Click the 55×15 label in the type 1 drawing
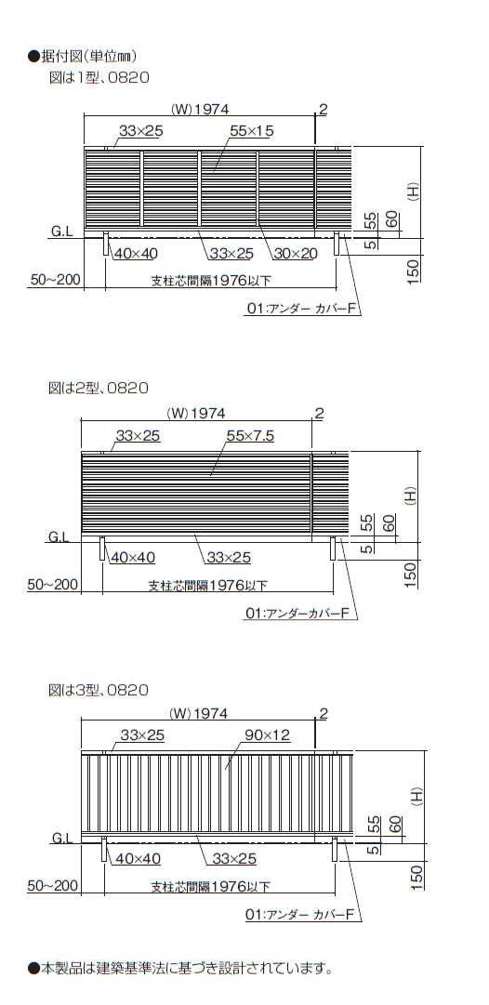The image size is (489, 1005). [x=251, y=131]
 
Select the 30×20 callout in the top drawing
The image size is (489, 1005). [x=296, y=254]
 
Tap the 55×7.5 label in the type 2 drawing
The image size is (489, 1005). [x=250, y=436]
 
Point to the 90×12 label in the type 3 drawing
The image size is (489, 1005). [x=267, y=735]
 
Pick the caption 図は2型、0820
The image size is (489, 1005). [x=99, y=388]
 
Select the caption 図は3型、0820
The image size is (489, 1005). [x=99, y=690]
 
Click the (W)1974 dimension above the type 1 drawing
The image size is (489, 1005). [x=199, y=109]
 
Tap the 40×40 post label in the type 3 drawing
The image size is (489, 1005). [x=135, y=858]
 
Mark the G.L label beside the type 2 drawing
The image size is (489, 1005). [x=59, y=536]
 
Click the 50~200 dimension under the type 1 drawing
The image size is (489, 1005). [x=55, y=280]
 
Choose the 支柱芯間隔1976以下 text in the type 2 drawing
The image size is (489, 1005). [x=207, y=585]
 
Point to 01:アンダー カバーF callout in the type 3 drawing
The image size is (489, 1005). [x=300, y=915]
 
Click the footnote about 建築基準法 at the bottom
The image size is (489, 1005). [x=180, y=968]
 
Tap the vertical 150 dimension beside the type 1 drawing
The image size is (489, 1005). [x=413, y=271]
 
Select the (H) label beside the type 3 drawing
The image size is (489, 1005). [x=416, y=796]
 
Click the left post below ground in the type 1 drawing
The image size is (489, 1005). [x=106, y=245]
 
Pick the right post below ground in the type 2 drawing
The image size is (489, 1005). [x=333, y=549]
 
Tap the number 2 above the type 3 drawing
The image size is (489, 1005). [x=323, y=713]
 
